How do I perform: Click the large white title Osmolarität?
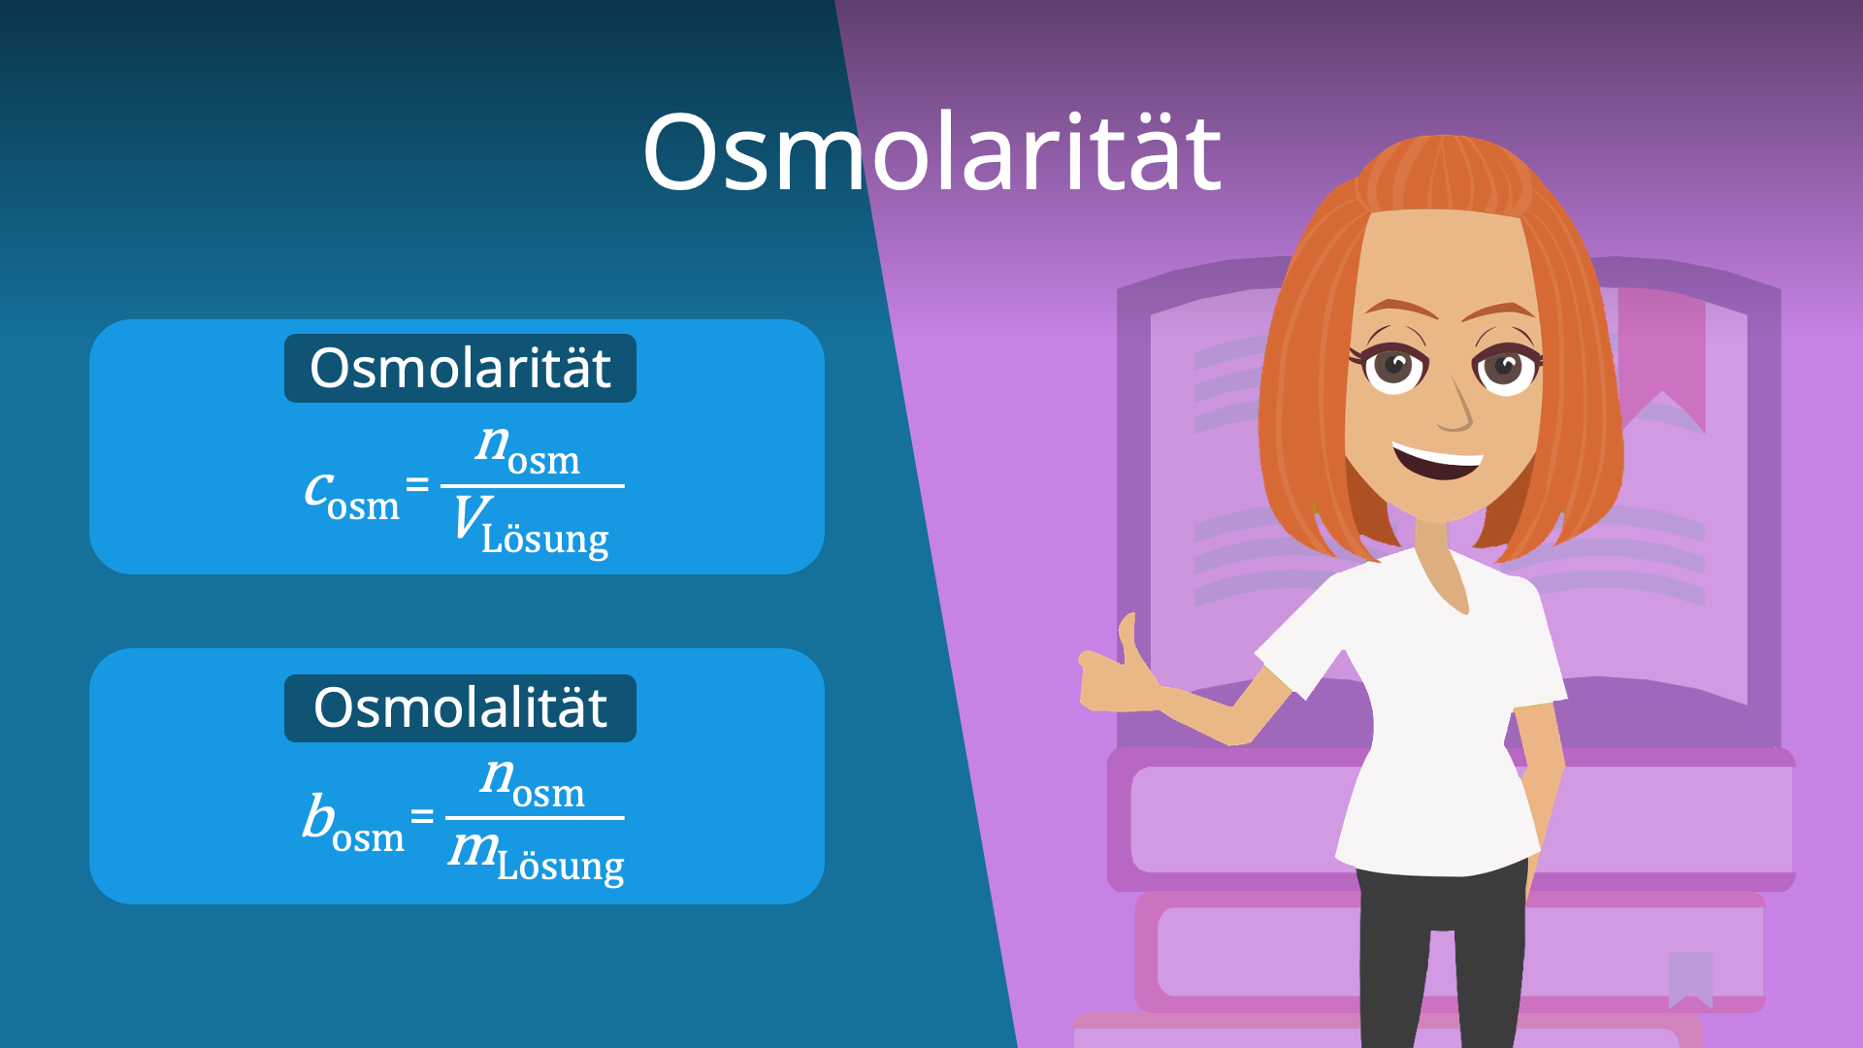(931, 153)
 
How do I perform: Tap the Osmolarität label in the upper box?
(460, 369)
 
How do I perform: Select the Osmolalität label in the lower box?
(460, 708)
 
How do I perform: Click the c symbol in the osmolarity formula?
(319, 487)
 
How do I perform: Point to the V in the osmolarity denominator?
(472, 516)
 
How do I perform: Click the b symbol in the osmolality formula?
(318, 817)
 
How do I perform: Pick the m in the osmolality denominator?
(474, 848)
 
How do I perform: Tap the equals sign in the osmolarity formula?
(417, 483)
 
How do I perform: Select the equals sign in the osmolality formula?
(422, 815)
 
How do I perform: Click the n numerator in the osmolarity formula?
(493, 443)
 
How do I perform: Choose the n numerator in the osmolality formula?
(498, 775)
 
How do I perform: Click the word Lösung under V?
(545, 540)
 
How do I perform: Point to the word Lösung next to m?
(560, 866)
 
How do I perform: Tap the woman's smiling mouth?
(1438, 460)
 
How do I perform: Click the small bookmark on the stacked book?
(1690, 978)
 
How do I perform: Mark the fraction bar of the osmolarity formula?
(532, 486)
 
